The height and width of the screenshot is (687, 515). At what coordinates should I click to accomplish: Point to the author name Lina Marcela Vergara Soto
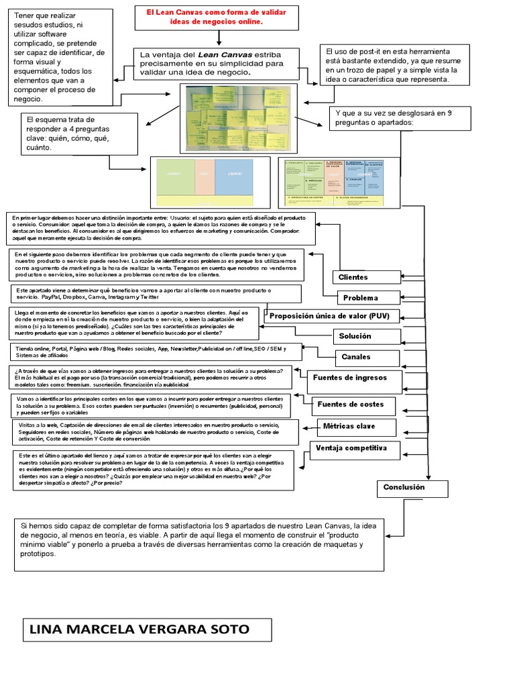click(x=147, y=630)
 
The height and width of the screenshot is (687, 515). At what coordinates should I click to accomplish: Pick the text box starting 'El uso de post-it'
click(x=392, y=65)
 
